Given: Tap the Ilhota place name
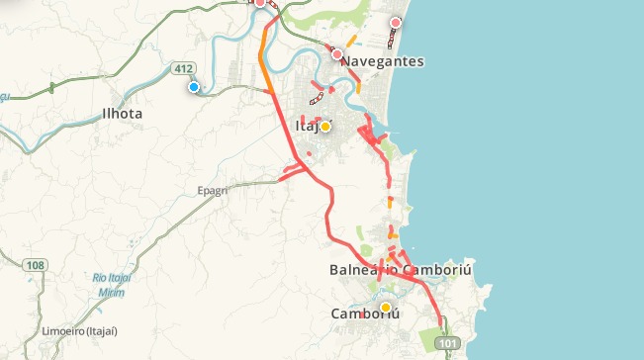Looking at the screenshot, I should pyautogui.click(x=123, y=114).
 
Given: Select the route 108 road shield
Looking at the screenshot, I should pyautogui.click(x=36, y=265).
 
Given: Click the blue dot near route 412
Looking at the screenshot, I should pyautogui.click(x=194, y=87).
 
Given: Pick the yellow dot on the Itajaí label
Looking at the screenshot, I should pyautogui.click(x=324, y=127).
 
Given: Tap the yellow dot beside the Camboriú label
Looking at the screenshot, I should pyautogui.click(x=386, y=308).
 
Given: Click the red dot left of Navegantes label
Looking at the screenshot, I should pyautogui.click(x=337, y=54).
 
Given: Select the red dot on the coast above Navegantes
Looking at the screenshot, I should pyautogui.click(x=396, y=23).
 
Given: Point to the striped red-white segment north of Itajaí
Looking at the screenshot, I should pyautogui.click(x=318, y=98).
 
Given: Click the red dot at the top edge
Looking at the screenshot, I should pyautogui.click(x=260, y=3).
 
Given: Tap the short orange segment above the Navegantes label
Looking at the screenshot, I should pyautogui.click(x=351, y=43).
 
